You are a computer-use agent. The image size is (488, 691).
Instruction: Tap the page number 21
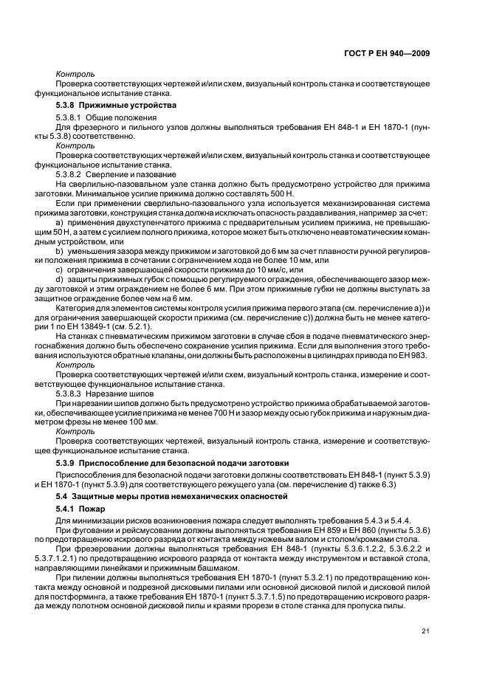(x=425, y=630)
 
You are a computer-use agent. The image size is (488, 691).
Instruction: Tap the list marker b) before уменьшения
(x=59, y=252)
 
